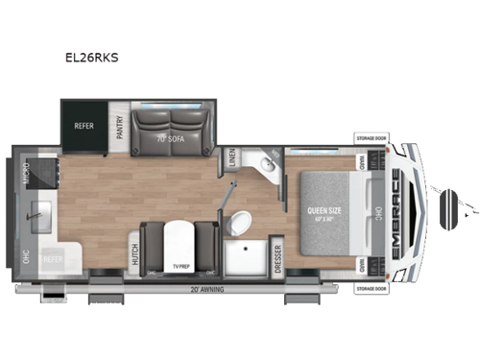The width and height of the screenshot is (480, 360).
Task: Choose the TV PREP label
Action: point(180,264)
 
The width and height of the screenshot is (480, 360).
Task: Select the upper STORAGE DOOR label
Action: point(372,137)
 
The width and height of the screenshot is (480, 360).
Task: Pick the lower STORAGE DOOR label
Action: point(372,286)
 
